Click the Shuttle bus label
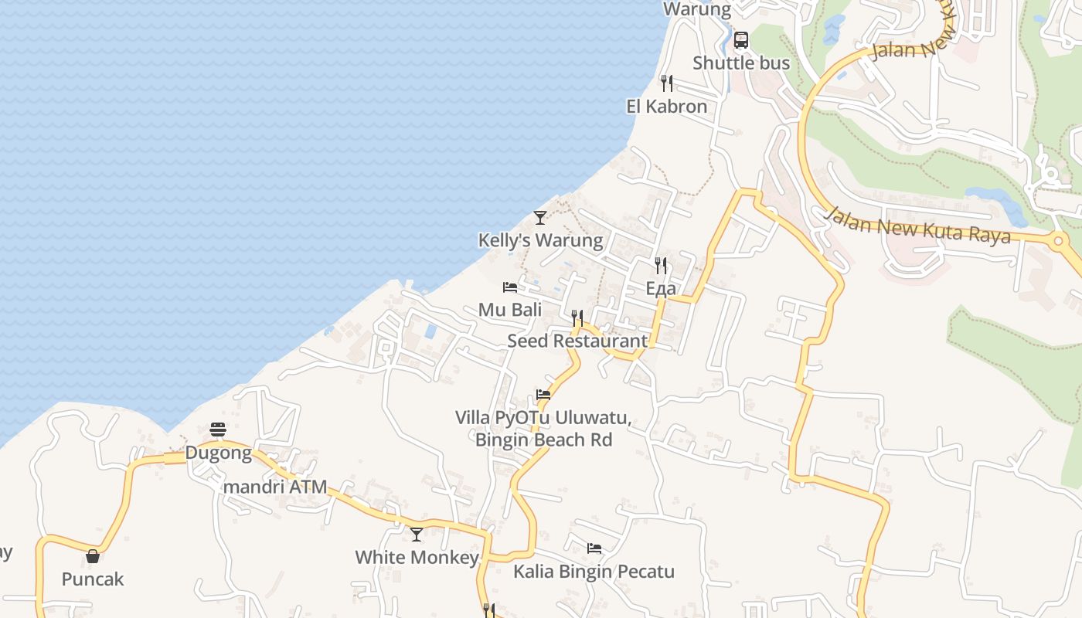pos(740,63)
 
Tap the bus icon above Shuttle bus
pos(740,39)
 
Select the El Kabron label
pos(666,106)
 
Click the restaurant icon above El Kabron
pos(666,83)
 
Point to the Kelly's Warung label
pos(540,240)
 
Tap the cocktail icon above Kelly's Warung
pos(540,217)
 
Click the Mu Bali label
pos(509,310)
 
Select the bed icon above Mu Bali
pos(509,287)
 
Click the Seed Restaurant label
pos(577,341)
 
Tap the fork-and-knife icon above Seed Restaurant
pos(577,317)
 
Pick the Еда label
pos(661,289)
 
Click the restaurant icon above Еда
pos(661,266)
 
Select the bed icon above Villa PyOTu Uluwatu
pos(543,395)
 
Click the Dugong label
pos(218,453)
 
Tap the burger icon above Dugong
pos(218,430)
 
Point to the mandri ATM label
pos(275,487)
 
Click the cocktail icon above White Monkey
pos(417,534)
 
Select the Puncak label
pos(93,579)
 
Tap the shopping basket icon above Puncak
pos(93,556)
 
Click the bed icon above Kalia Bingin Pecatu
pos(594,548)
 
